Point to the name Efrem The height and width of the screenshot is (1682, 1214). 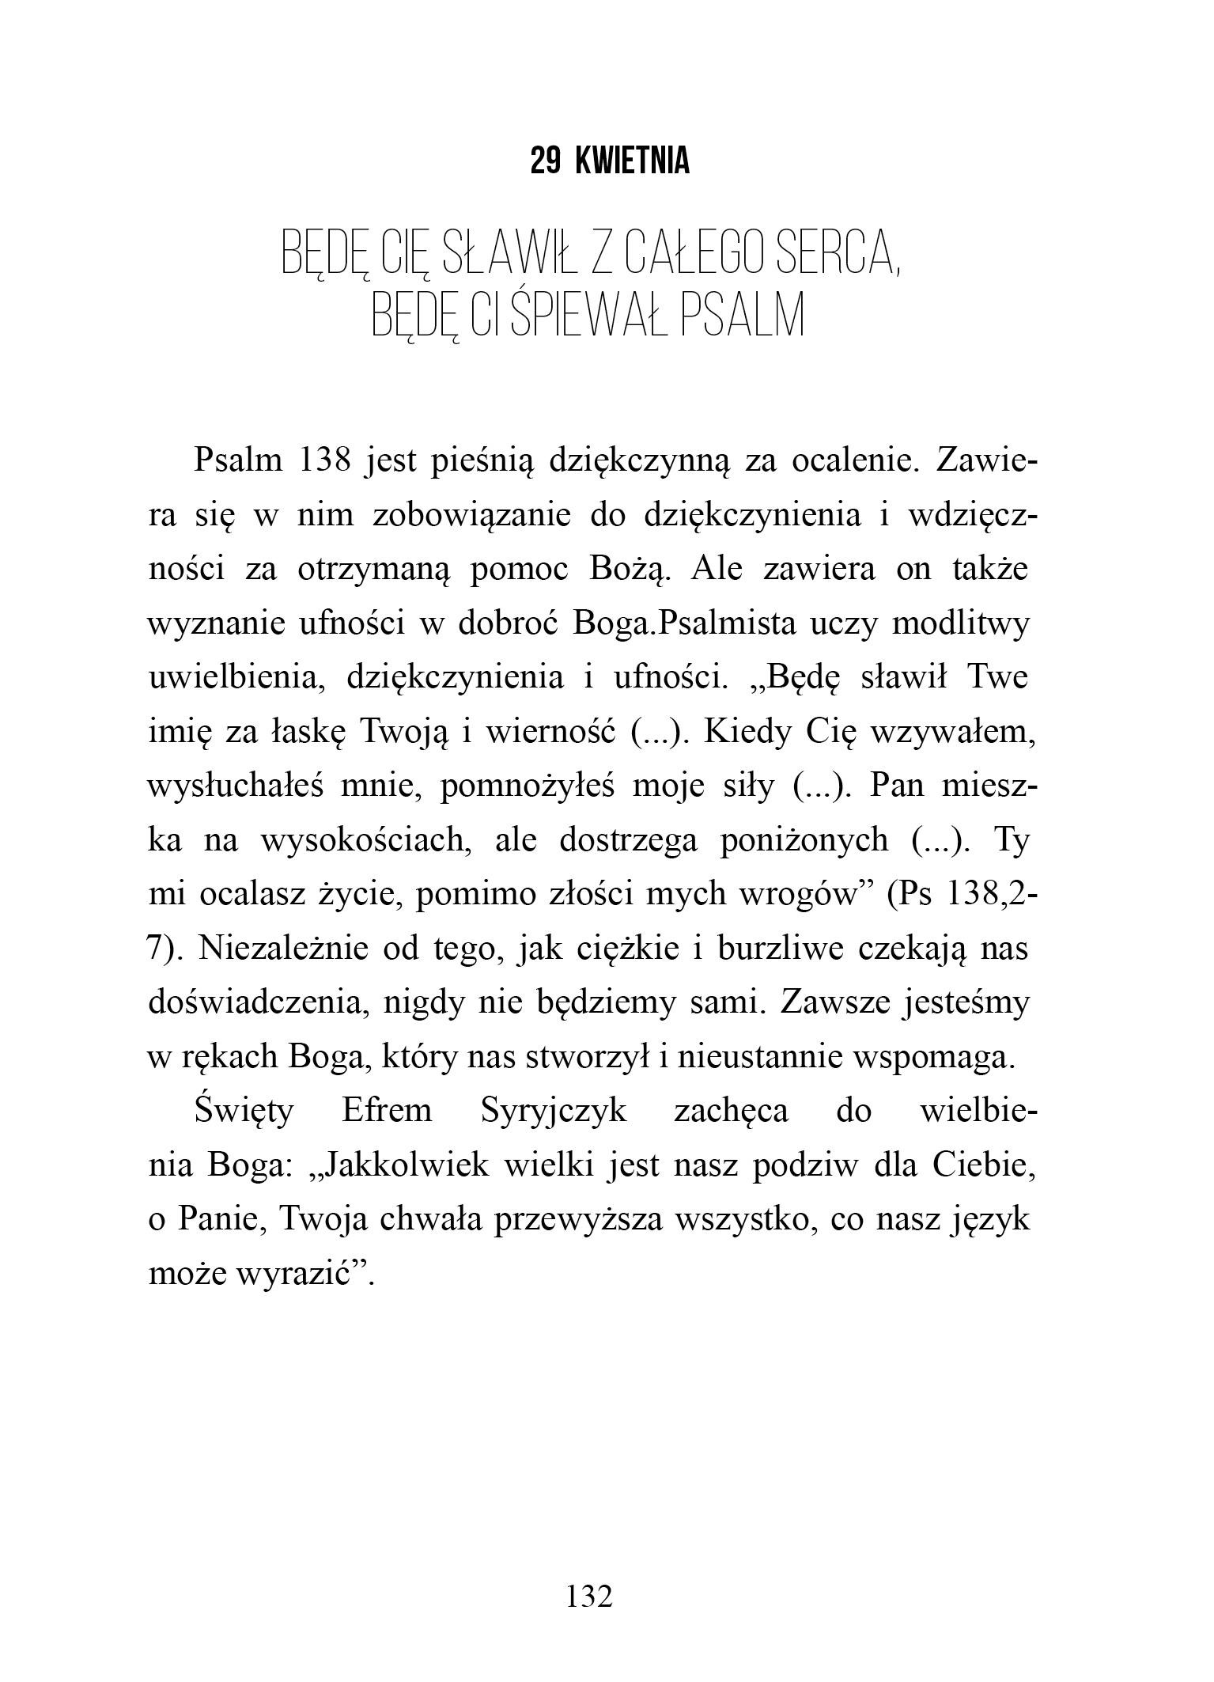tap(387, 1111)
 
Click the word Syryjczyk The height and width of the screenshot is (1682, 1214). tap(554, 1111)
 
